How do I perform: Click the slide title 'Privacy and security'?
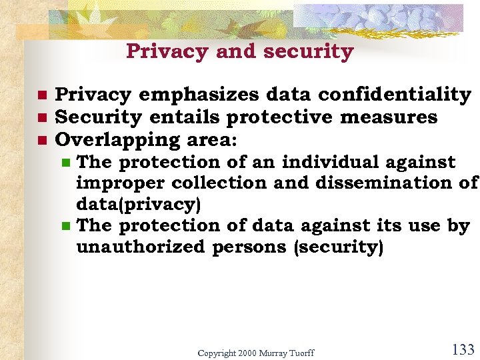(x=239, y=51)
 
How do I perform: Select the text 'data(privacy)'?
(x=139, y=204)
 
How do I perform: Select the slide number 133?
(x=462, y=349)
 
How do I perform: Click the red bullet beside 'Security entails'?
(x=41, y=118)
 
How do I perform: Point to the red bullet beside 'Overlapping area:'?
(x=41, y=140)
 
